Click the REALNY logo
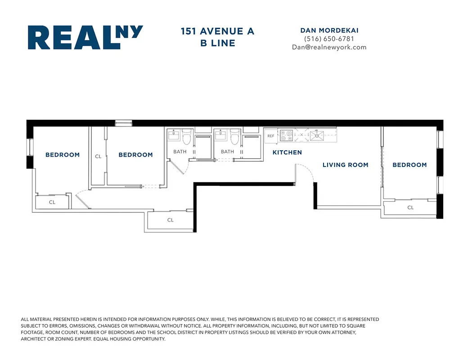[x=85, y=37]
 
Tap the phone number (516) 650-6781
[x=329, y=39]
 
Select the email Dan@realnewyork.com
[x=329, y=47]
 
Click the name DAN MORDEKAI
[x=329, y=30]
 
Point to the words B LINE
[x=218, y=43]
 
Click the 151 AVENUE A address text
[x=218, y=31]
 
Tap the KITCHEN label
[x=287, y=153]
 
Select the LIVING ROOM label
[x=345, y=165]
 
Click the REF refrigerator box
[x=270, y=135]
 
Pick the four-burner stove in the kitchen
[x=286, y=135]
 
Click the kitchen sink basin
[x=318, y=135]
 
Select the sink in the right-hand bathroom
[x=220, y=135]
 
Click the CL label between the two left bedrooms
[x=98, y=157]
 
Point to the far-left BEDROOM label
[x=63, y=155]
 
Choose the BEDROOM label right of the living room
[x=409, y=165]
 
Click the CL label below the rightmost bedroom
[x=410, y=207]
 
